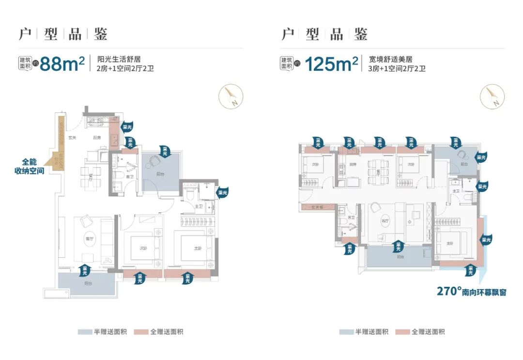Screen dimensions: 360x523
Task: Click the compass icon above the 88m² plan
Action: tap(230, 96)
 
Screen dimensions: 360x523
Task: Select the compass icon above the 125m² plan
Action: tap(492, 96)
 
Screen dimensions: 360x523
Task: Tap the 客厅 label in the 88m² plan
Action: tap(89, 239)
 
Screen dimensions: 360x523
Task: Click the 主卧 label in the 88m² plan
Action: tap(198, 249)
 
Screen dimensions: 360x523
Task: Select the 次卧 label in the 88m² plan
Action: tap(143, 249)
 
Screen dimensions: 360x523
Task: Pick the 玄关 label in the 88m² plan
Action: tap(71, 138)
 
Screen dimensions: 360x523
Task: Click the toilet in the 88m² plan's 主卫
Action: tap(191, 195)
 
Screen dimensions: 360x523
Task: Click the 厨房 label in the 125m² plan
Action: tap(353, 164)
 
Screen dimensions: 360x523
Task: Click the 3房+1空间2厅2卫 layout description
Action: tap(397, 69)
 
